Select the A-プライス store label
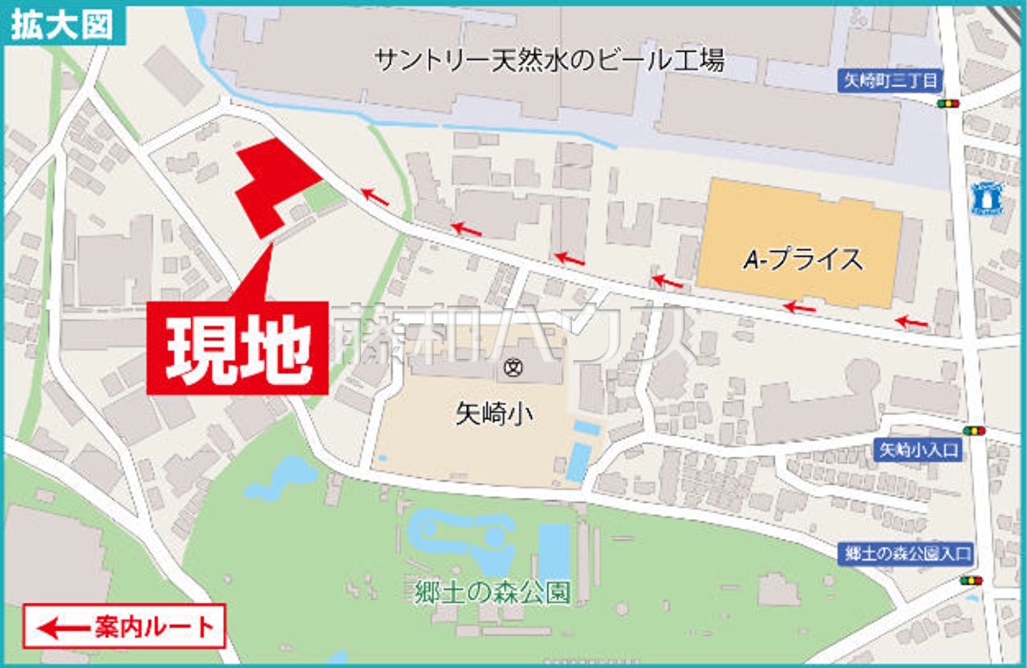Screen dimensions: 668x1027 pyautogui.click(x=802, y=259)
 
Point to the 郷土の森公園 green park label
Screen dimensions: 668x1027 pyautogui.click(x=493, y=593)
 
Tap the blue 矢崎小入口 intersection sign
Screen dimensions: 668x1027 pyautogui.click(x=916, y=451)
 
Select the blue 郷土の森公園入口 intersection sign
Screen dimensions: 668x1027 pyautogui.click(x=907, y=553)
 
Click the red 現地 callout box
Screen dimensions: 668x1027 pyautogui.click(x=237, y=348)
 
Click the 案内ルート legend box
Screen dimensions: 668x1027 pyautogui.click(x=124, y=626)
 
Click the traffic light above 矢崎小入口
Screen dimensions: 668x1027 pyautogui.click(x=974, y=431)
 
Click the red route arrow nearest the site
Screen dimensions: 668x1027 pyautogui.click(x=375, y=196)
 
